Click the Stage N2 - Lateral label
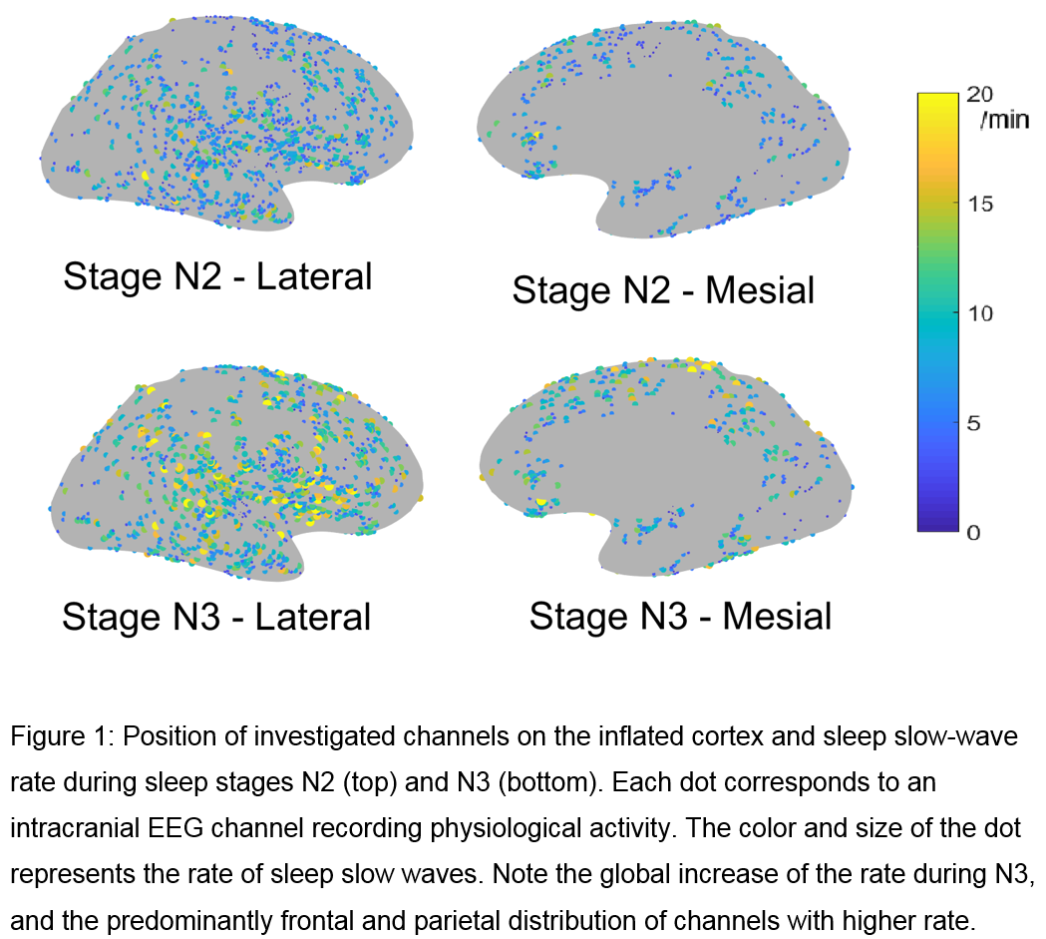217,276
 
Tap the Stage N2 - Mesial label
663,290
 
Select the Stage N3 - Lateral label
216,617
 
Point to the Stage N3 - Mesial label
680,616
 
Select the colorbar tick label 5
975,423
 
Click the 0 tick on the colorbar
975,532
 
